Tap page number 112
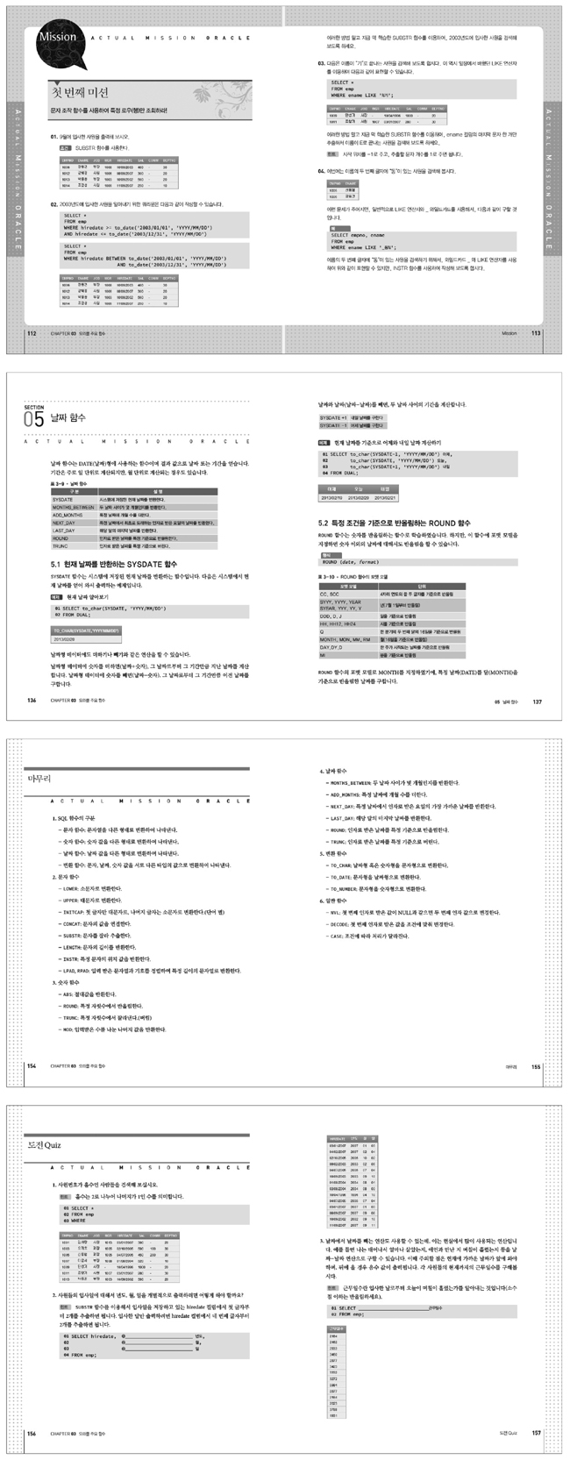[32, 334]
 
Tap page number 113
[536, 334]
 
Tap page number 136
[32, 701]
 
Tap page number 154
[32, 1065]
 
